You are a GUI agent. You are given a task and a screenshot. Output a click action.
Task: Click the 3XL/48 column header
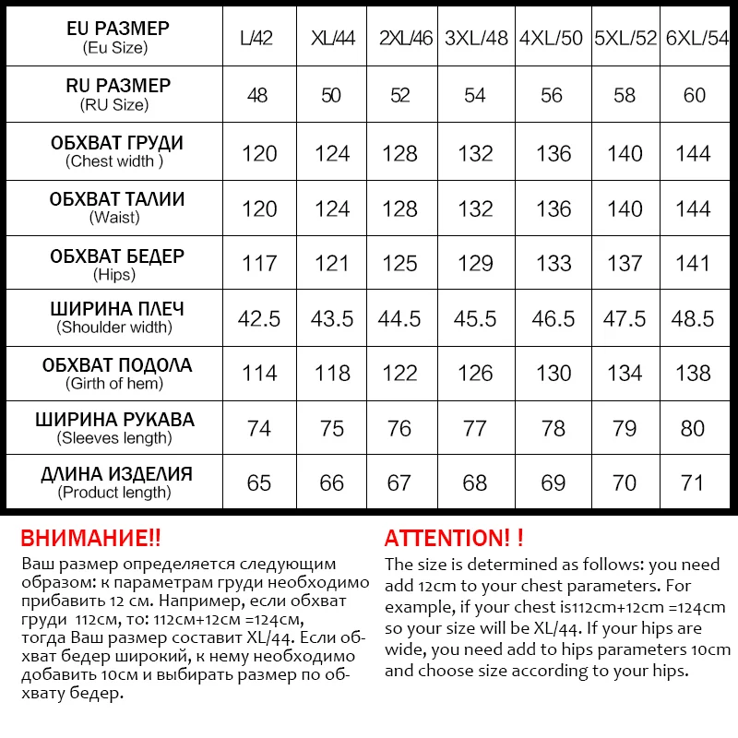point(475,39)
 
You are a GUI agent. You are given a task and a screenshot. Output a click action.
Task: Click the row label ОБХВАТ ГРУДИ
point(116,143)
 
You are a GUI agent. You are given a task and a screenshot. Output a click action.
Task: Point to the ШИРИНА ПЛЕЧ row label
point(116,309)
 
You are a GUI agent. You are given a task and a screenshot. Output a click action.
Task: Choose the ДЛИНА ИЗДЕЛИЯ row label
point(116,474)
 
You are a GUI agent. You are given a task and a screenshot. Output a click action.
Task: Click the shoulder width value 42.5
point(259,318)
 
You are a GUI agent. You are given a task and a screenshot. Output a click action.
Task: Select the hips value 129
point(475,264)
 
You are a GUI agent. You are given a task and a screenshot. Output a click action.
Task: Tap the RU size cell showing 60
point(694,95)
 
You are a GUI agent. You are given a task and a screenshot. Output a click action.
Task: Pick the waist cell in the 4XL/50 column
point(553,208)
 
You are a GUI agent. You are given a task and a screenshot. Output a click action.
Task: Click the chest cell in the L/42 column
point(259,153)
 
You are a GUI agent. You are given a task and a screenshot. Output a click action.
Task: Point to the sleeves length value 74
point(259,428)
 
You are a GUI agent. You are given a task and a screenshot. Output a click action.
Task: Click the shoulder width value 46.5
point(553,318)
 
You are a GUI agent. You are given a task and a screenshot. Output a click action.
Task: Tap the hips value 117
point(259,264)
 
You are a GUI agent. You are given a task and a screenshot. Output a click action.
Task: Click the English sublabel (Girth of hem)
point(116,383)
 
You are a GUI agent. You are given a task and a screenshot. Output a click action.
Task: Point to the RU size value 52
point(400,95)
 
